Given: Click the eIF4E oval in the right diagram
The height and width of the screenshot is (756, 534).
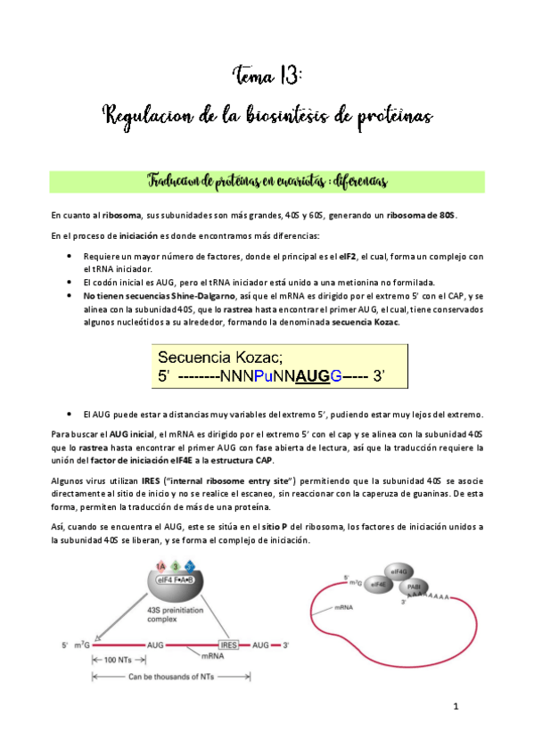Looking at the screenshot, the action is [378, 584].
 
